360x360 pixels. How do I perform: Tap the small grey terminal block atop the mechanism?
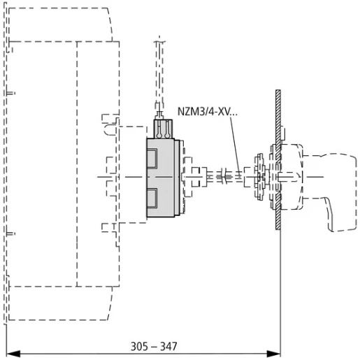163,129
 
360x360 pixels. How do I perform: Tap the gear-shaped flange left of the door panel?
260,178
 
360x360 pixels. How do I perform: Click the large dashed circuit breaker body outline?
56,168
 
